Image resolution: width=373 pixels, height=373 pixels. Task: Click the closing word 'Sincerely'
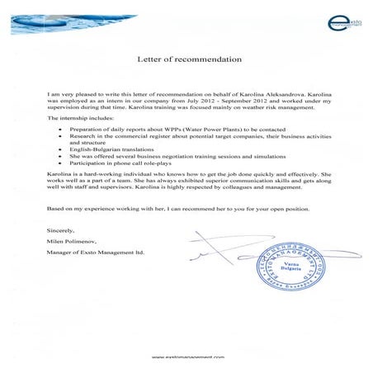[x=61, y=229]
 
